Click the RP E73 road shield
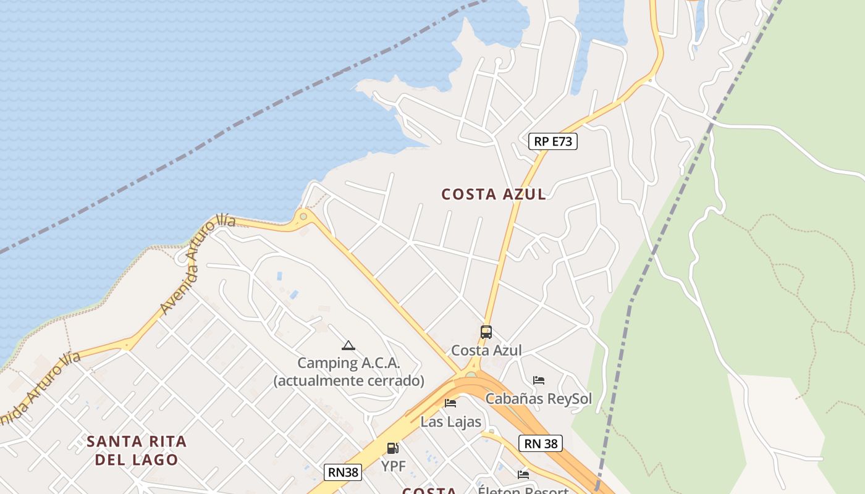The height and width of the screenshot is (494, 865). [x=552, y=141]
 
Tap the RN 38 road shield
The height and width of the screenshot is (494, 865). [x=541, y=443]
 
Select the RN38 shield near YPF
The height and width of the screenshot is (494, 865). [x=343, y=472]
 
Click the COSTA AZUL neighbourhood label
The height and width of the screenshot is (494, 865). [x=494, y=195]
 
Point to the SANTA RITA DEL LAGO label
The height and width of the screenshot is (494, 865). [x=137, y=450]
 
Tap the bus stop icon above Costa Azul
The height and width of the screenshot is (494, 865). [x=486, y=332]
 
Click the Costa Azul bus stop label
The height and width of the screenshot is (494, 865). [x=486, y=351]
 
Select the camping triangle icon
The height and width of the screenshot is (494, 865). [x=348, y=346]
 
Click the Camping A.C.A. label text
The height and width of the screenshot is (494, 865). [x=348, y=363]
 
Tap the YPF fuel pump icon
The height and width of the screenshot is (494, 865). [x=393, y=448]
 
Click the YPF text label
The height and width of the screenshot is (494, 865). [x=393, y=466]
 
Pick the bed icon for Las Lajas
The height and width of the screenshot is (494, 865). [x=450, y=403]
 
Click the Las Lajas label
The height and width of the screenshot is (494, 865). [x=450, y=422]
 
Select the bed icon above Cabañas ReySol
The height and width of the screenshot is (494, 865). [x=539, y=380]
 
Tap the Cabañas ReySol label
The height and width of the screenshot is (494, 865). [x=539, y=399]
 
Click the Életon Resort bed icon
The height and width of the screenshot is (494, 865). [x=523, y=475]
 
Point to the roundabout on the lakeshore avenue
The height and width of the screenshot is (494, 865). [x=303, y=216]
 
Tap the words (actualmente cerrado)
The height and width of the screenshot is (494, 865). [x=348, y=381]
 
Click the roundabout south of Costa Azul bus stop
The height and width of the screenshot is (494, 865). [x=471, y=374]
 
